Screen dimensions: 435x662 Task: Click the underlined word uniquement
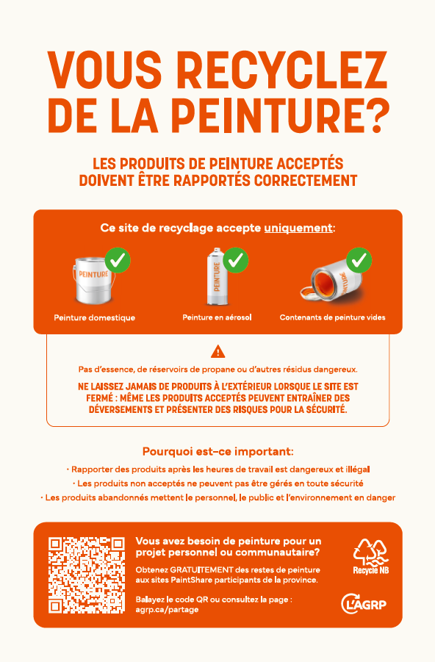pyautogui.click(x=298, y=228)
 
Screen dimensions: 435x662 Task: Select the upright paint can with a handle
pyautogui.click(x=93, y=280)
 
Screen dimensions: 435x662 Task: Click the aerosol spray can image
pyautogui.click(x=217, y=277)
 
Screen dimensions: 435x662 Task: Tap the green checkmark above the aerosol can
pyautogui.click(x=236, y=260)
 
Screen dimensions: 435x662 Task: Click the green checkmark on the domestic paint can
pyautogui.click(x=118, y=260)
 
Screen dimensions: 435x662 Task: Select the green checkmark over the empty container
pyautogui.click(x=359, y=260)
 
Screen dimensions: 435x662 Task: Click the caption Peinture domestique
pyautogui.click(x=95, y=318)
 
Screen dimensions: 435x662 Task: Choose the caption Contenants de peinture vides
pyautogui.click(x=332, y=317)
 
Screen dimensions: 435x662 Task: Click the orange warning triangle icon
pyautogui.click(x=218, y=351)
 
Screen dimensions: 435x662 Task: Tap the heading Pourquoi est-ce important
pyautogui.click(x=218, y=452)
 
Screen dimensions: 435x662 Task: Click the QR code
pyautogui.click(x=87, y=575)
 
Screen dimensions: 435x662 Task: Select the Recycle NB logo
pyautogui.click(x=371, y=556)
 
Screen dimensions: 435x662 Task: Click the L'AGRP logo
pyautogui.click(x=364, y=604)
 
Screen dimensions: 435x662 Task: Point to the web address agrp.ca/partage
pyautogui.click(x=167, y=610)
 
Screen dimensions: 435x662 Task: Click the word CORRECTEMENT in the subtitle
pyautogui.click(x=306, y=181)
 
